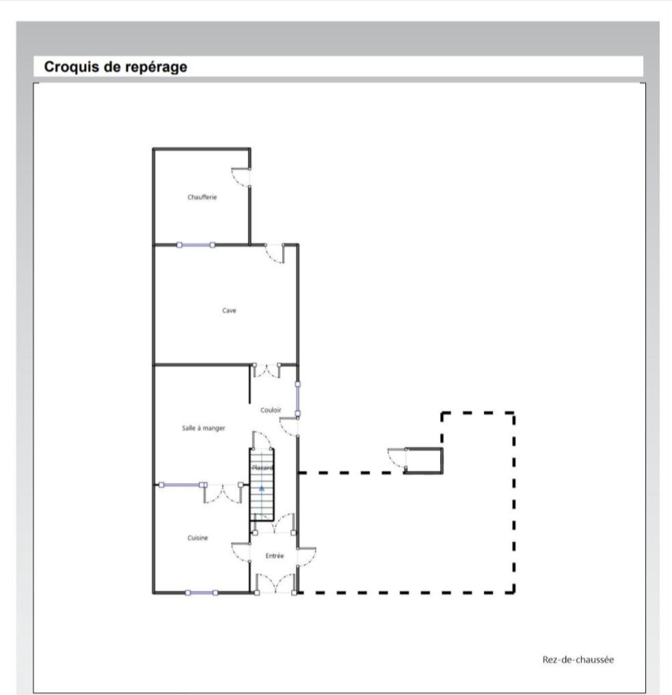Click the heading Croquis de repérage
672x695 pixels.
pos(116,67)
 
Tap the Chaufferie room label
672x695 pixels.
pos(202,197)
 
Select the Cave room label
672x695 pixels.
pos(229,310)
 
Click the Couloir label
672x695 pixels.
pos(271,410)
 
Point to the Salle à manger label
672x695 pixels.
pos(203,428)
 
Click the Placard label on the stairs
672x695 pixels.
pos(262,468)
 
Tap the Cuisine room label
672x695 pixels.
pos(197,538)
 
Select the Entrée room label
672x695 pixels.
pos(274,556)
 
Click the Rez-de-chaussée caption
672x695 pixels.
pos(578,660)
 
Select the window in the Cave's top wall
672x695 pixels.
pos(196,245)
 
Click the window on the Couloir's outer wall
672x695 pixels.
pos(297,399)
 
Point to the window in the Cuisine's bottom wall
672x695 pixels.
pos(201,593)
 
